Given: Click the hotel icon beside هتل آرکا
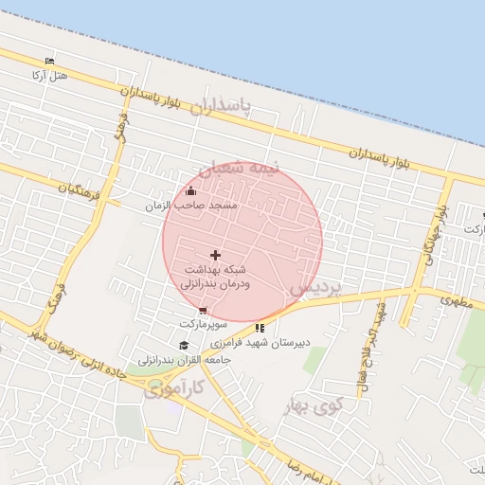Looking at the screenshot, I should (50, 62).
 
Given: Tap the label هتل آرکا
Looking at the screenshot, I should (50, 75).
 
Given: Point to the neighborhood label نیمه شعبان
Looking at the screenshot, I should (245, 169).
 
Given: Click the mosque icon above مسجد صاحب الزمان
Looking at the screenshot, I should (191, 190).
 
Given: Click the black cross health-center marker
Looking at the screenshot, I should (215, 255).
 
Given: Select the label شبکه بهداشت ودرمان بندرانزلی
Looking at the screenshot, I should (215, 277).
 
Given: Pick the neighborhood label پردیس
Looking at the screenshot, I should (314, 285).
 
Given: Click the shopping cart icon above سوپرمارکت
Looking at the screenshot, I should (202, 310).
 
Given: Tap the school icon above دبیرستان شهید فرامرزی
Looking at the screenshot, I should (260, 328).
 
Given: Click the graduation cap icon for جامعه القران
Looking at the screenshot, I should (183, 345).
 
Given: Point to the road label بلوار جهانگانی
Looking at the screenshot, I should (434, 233).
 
